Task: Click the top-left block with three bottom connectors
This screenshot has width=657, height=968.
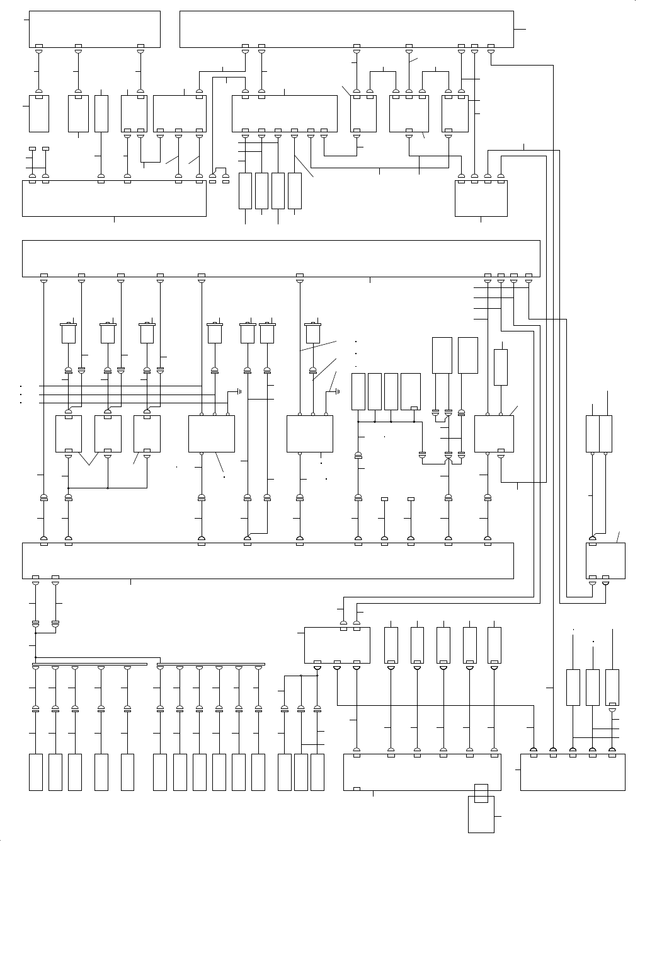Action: coord(94,28)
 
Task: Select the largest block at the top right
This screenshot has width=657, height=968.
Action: coord(346,28)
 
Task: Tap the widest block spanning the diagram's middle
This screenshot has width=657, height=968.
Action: coord(281,258)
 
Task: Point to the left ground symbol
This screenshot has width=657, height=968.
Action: coord(239,391)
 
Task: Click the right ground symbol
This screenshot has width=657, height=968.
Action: coord(338,391)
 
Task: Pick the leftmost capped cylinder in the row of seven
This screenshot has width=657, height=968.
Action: coord(68,332)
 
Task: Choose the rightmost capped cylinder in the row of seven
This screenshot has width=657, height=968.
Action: coord(312,332)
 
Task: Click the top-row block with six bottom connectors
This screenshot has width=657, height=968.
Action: coord(284,113)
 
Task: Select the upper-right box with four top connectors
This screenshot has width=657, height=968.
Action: coord(481,198)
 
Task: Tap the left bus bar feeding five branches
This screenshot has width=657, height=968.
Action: coord(89,664)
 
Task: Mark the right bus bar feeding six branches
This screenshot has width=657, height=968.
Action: coord(210,664)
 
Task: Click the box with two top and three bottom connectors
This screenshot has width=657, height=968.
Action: coord(337,644)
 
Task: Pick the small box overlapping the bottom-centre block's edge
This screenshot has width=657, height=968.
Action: coord(481,793)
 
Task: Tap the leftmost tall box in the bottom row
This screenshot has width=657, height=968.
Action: coord(36,772)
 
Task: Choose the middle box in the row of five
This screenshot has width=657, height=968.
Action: coord(443,644)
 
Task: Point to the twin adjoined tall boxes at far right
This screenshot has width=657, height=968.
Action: coord(599,434)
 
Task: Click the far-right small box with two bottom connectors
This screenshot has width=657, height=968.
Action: coord(605,560)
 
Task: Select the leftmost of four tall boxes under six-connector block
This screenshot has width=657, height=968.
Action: coord(246,190)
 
